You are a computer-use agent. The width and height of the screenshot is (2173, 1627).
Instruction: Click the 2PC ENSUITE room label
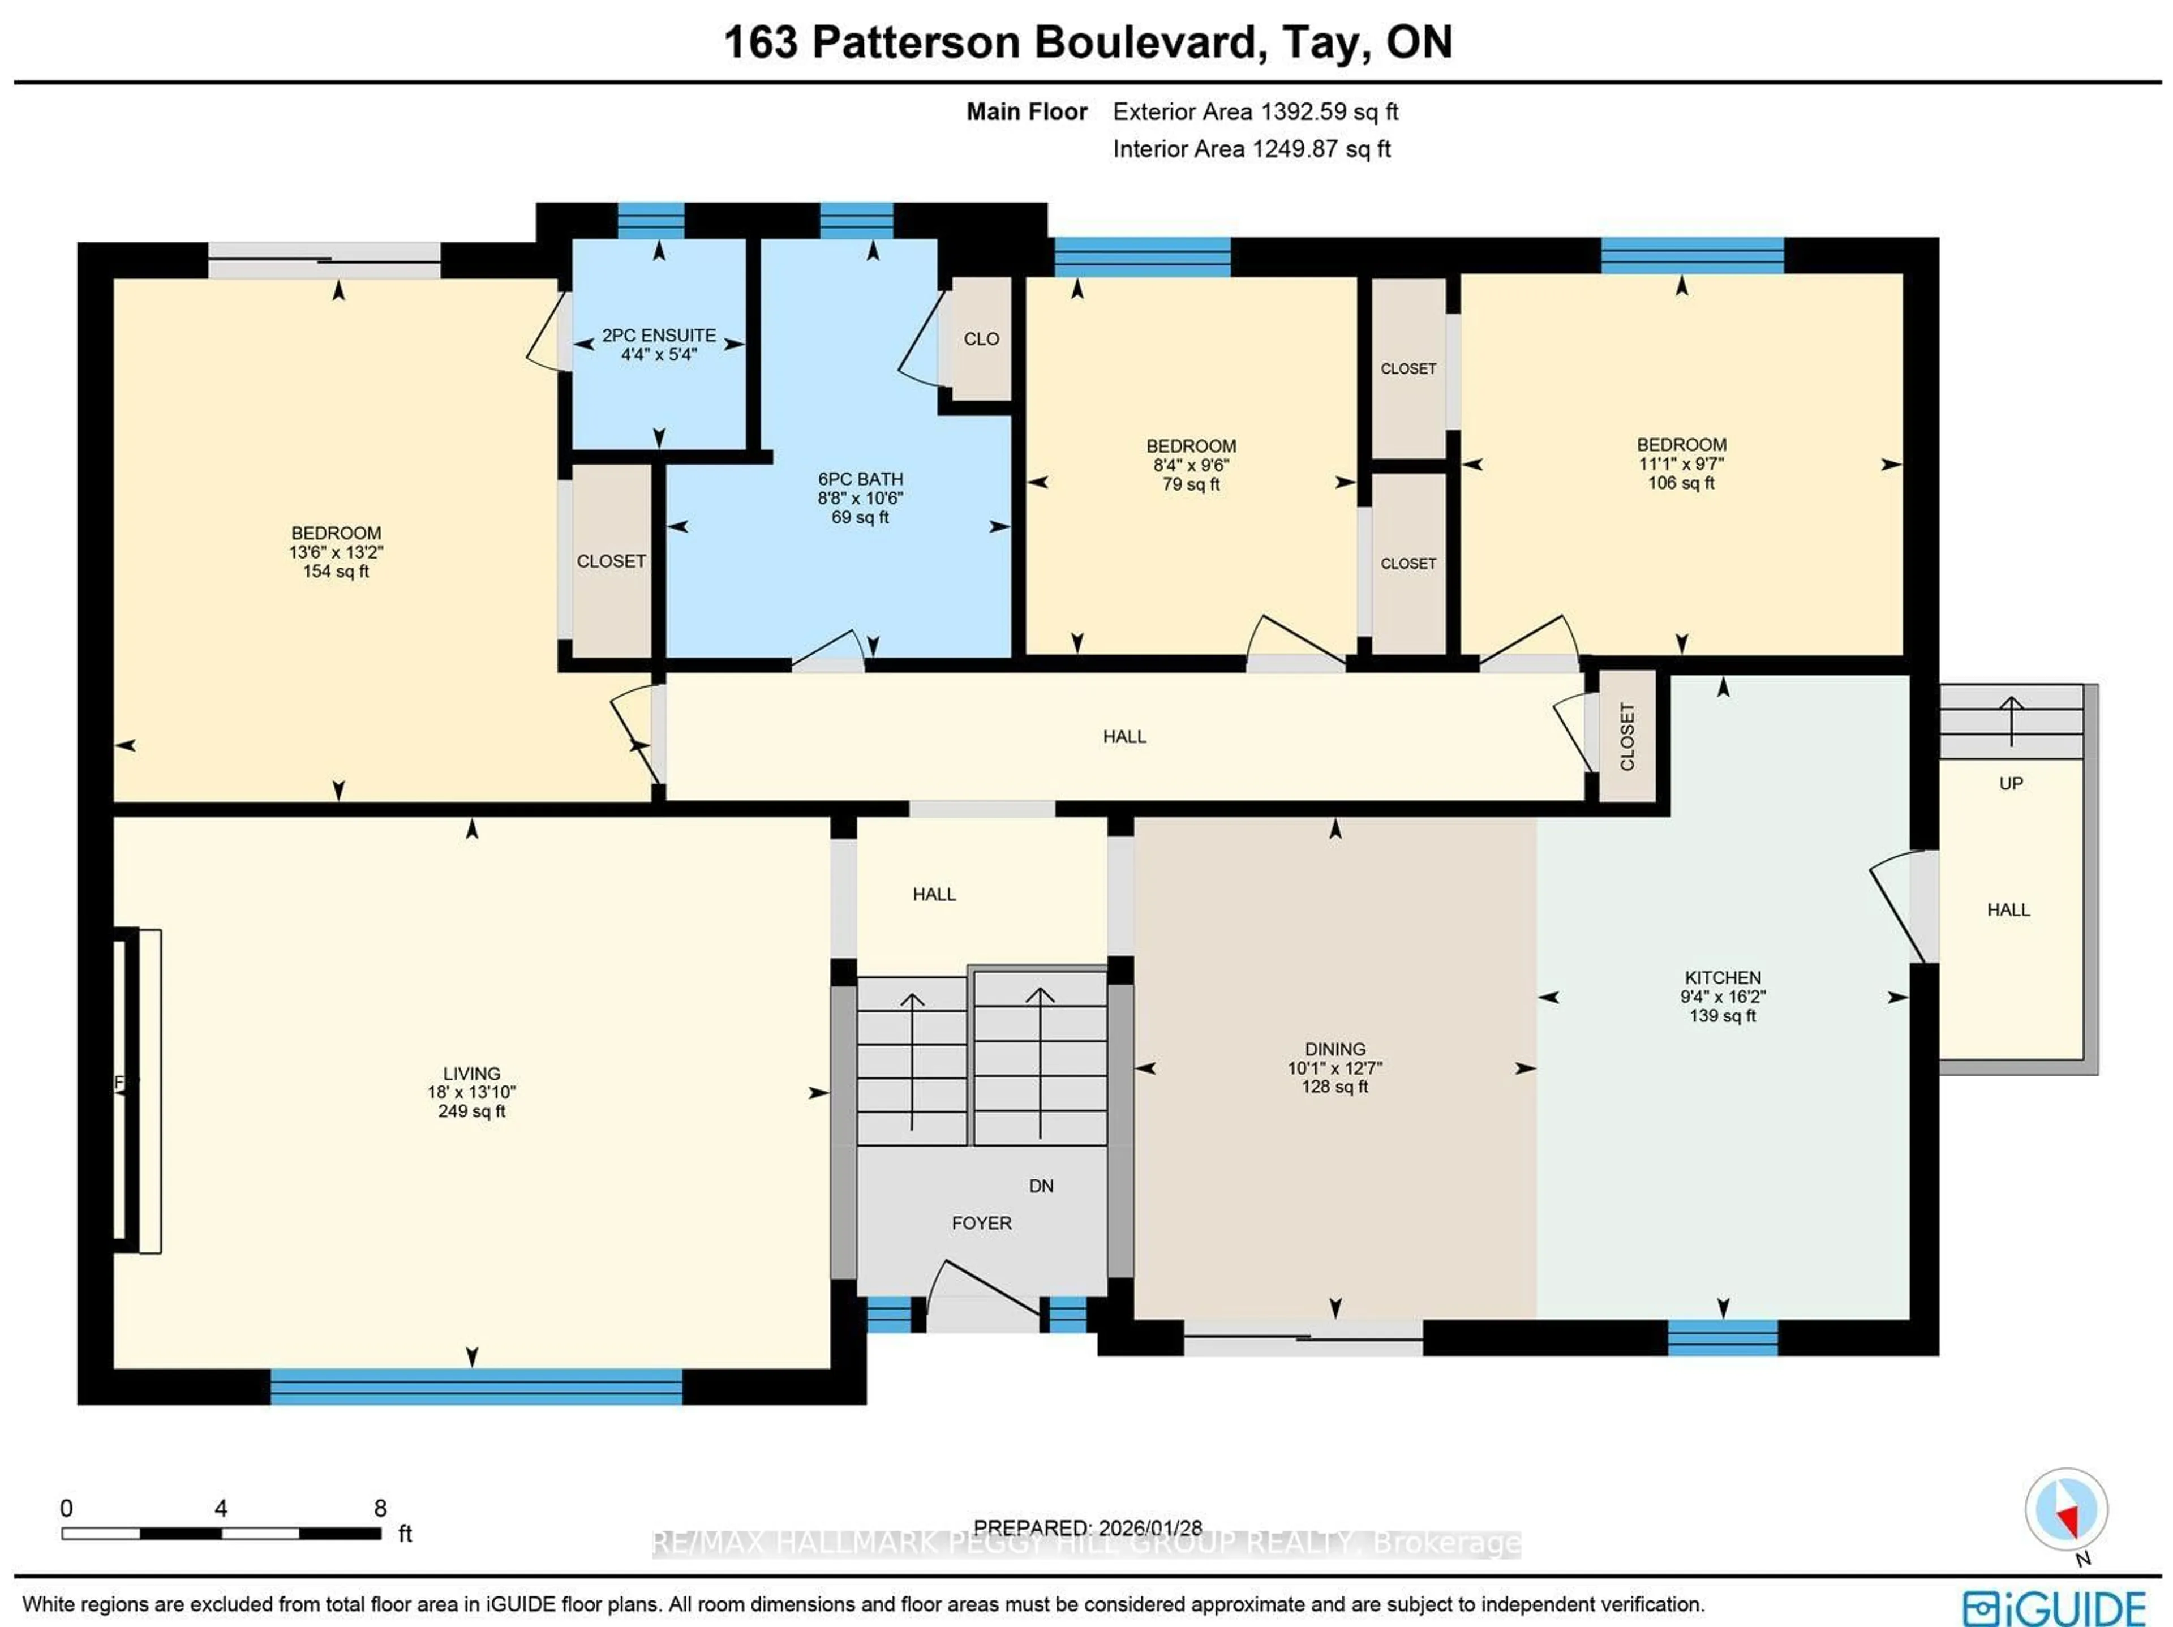[x=658, y=335]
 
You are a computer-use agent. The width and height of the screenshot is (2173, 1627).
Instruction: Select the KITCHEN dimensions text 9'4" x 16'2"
[x=1722, y=996]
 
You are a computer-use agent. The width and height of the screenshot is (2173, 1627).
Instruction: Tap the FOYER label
[x=981, y=1223]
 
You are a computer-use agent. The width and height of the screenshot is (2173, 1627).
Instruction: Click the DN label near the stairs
[x=1040, y=1186]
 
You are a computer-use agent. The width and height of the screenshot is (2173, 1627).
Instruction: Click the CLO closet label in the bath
[x=981, y=339]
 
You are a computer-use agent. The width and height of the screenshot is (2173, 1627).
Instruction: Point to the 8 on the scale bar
[x=380, y=1508]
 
